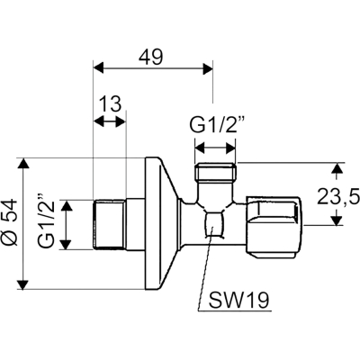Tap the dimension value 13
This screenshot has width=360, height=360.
coord(110,104)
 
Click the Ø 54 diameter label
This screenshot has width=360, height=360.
coord(11,221)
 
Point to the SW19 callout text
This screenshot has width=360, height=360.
coord(238,300)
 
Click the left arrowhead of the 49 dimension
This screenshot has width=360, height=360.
coord(99,67)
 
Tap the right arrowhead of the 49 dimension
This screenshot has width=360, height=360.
coord(208,68)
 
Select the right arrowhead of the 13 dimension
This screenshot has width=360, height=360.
coord(121,121)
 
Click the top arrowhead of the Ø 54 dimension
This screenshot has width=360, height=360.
coord(22,164)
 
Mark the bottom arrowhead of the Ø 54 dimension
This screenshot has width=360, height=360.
coord(22,284)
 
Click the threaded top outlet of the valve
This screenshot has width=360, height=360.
coord(215,172)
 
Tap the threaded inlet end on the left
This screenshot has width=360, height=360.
coord(109,224)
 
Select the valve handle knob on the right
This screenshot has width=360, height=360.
coord(273,227)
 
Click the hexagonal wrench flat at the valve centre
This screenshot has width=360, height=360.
coord(213,224)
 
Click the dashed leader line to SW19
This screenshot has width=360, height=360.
coord(205,268)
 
